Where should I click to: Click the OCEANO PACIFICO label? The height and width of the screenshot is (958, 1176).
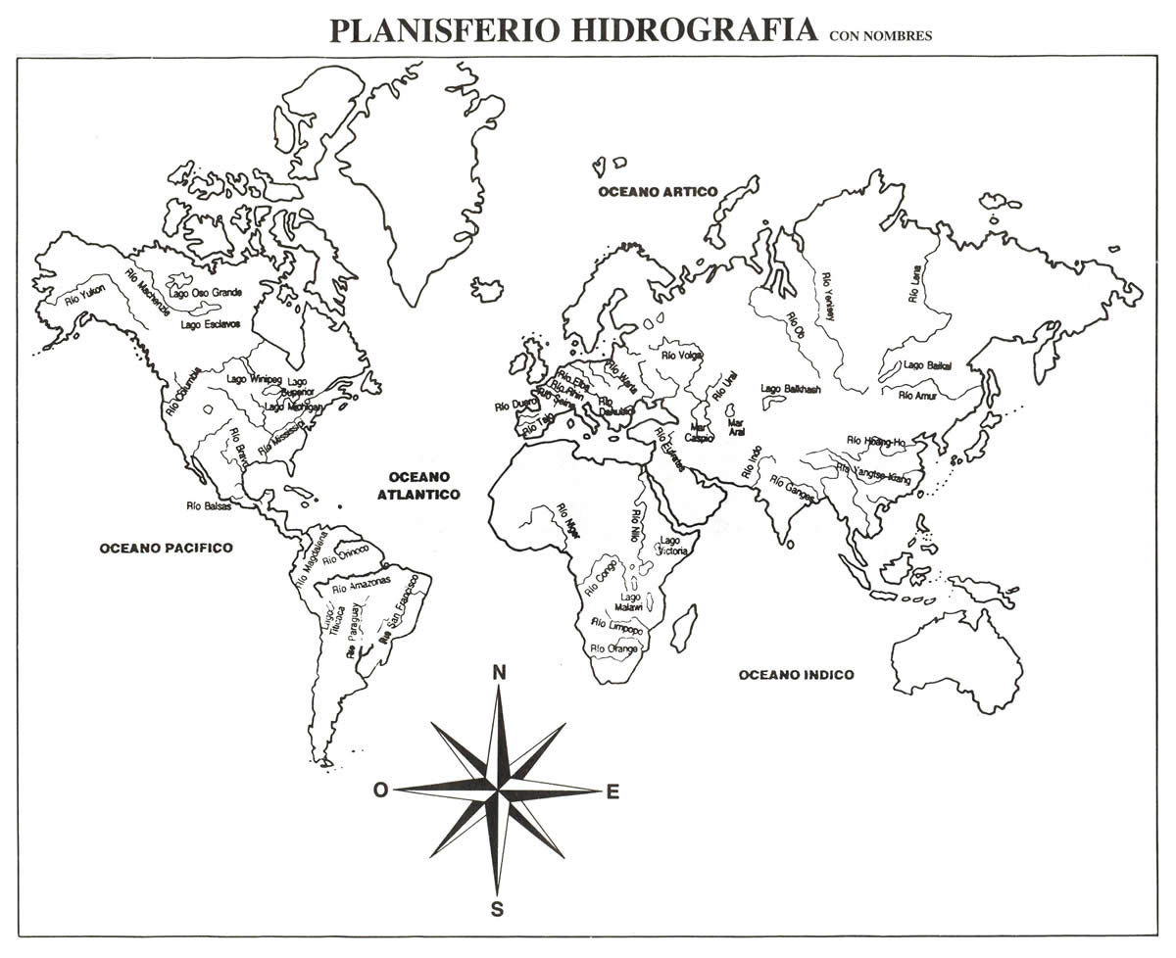pyautogui.click(x=166, y=548)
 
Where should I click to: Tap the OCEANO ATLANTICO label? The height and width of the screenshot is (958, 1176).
pyautogui.click(x=418, y=485)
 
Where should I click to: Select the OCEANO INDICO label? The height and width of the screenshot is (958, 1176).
pyautogui.click(x=796, y=675)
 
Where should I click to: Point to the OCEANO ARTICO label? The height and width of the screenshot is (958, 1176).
pyautogui.click(x=658, y=192)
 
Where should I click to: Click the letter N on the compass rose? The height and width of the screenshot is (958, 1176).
pyautogui.click(x=499, y=672)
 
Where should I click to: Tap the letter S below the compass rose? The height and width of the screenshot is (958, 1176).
pyautogui.click(x=497, y=910)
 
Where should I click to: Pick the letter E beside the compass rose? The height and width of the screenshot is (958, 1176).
pyautogui.click(x=613, y=792)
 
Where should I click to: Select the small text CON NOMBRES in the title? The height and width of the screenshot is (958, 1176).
pyautogui.click(x=880, y=36)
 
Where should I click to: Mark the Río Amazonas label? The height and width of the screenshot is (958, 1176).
pyautogui.click(x=361, y=585)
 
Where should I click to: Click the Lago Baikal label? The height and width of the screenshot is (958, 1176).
pyautogui.click(x=926, y=365)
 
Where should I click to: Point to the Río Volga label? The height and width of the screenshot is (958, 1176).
pyautogui.click(x=682, y=356)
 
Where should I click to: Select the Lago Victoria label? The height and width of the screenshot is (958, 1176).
pyautogui.click(x=672, y=546)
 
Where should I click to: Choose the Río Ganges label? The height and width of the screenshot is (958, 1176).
pyautogui.click(x=792, y=490)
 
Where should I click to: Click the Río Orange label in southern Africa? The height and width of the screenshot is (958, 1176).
pyautogui.click(x=614, y=648)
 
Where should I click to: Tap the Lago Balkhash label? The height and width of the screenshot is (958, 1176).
pyautogui.click(x=790, y=389)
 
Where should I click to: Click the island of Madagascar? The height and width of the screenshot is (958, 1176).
pyautogui.click(x=683, y=628)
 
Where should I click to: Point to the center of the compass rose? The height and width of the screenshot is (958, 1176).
pyautogui.click(x=498, y=790)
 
